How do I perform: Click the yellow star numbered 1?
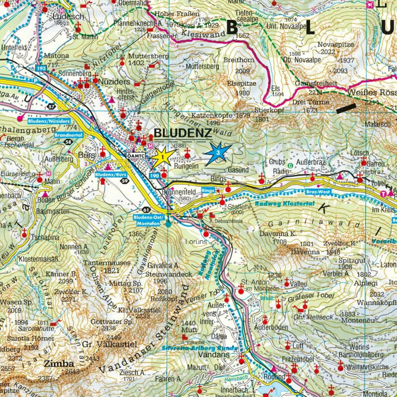pos(162,157)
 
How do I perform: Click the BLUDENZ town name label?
pos(183,132)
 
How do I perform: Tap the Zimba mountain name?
pos(55,363)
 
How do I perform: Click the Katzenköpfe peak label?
pos(212,115)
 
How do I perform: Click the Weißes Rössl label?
pos(373,93)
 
